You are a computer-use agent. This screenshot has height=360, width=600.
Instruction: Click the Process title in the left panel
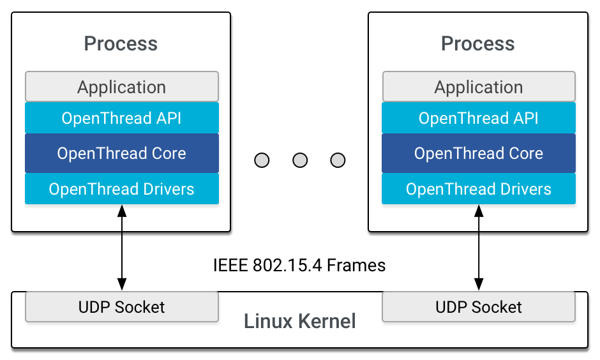[121, 44]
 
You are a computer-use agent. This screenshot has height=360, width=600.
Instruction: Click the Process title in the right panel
[477, 44]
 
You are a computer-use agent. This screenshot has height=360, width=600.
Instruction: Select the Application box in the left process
[122, 87]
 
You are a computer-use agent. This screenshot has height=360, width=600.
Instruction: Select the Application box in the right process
[479, 87]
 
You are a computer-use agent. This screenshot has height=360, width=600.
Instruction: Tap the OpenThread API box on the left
[122, 118]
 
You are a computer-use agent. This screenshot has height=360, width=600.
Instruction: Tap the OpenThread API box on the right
[479, 118]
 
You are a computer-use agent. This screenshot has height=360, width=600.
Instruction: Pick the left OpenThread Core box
[122, 153]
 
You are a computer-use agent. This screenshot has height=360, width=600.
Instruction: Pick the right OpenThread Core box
[479, 153]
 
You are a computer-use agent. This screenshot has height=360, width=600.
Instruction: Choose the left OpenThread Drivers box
[122, 189]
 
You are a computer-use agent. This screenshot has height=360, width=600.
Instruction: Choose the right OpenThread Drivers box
[479, 189]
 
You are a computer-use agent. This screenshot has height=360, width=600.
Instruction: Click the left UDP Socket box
[122, 307]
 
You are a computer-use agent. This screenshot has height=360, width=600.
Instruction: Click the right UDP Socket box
[479, 307]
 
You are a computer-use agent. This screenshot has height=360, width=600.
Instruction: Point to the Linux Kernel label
[300, 321]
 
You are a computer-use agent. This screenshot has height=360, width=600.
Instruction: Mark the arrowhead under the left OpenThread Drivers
[121, 210]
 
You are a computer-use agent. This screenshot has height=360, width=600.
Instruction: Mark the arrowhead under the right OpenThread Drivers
[479, 210]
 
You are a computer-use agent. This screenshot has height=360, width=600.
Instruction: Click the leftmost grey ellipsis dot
[262, 160]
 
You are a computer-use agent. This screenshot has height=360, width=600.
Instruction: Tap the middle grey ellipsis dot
[300, 160]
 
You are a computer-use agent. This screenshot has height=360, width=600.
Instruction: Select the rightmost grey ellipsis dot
[338, 160]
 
